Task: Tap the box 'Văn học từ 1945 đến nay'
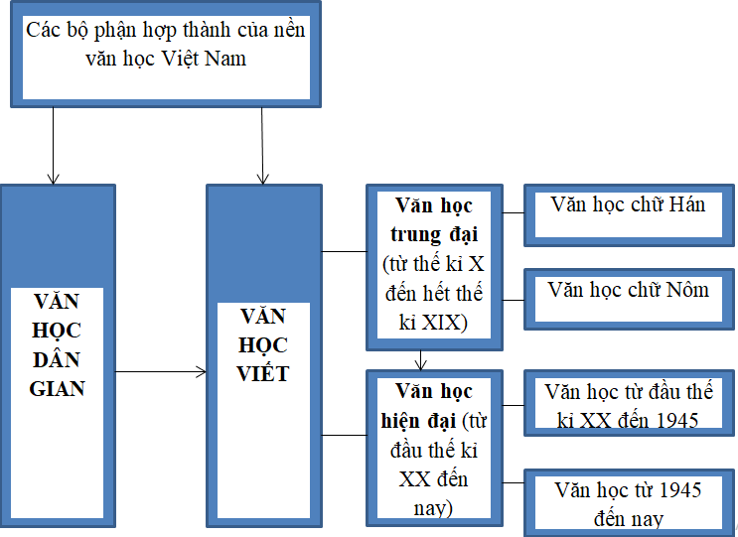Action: point(628,502)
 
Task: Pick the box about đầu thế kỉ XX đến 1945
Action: point(628,404)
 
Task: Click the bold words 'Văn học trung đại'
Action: point(434,220)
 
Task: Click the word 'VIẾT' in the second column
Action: point(263,373)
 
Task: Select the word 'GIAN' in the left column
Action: point(58,388)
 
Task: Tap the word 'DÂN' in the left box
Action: point(58,359)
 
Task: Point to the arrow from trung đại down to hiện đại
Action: point(423,358)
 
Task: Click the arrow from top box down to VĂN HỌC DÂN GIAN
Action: point(53,144)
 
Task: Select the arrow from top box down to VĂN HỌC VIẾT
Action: point(262,144)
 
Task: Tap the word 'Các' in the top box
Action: point(43,30)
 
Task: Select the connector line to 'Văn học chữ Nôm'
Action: point(514,299)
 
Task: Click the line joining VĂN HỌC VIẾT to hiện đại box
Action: point(345,435)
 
